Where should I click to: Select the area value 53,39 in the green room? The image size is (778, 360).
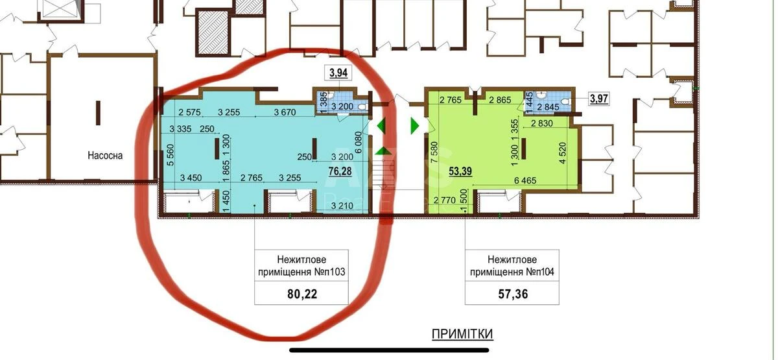click(462, 171)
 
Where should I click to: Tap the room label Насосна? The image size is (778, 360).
click(106, 156)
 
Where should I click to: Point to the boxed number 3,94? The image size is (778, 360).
click(338, 73)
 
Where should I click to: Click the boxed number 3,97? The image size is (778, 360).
click(598, 99)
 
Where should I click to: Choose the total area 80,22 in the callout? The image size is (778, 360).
click(302, 293)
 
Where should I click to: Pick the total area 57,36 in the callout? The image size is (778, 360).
click(512, 293)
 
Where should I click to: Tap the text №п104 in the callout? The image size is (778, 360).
click(539, 273)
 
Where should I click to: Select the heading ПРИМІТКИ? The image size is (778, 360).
click(462, 334)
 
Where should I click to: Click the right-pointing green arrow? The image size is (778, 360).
click(415, 126)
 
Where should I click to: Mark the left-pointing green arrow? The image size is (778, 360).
click(382, 126)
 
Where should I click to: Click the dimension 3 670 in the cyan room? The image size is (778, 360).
click(285, 112)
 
